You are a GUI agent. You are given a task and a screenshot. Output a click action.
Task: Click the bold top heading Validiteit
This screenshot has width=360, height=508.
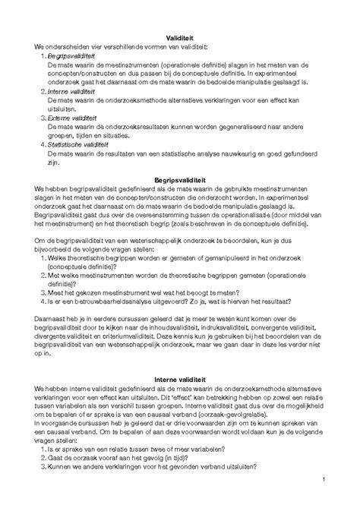[181, 38]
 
